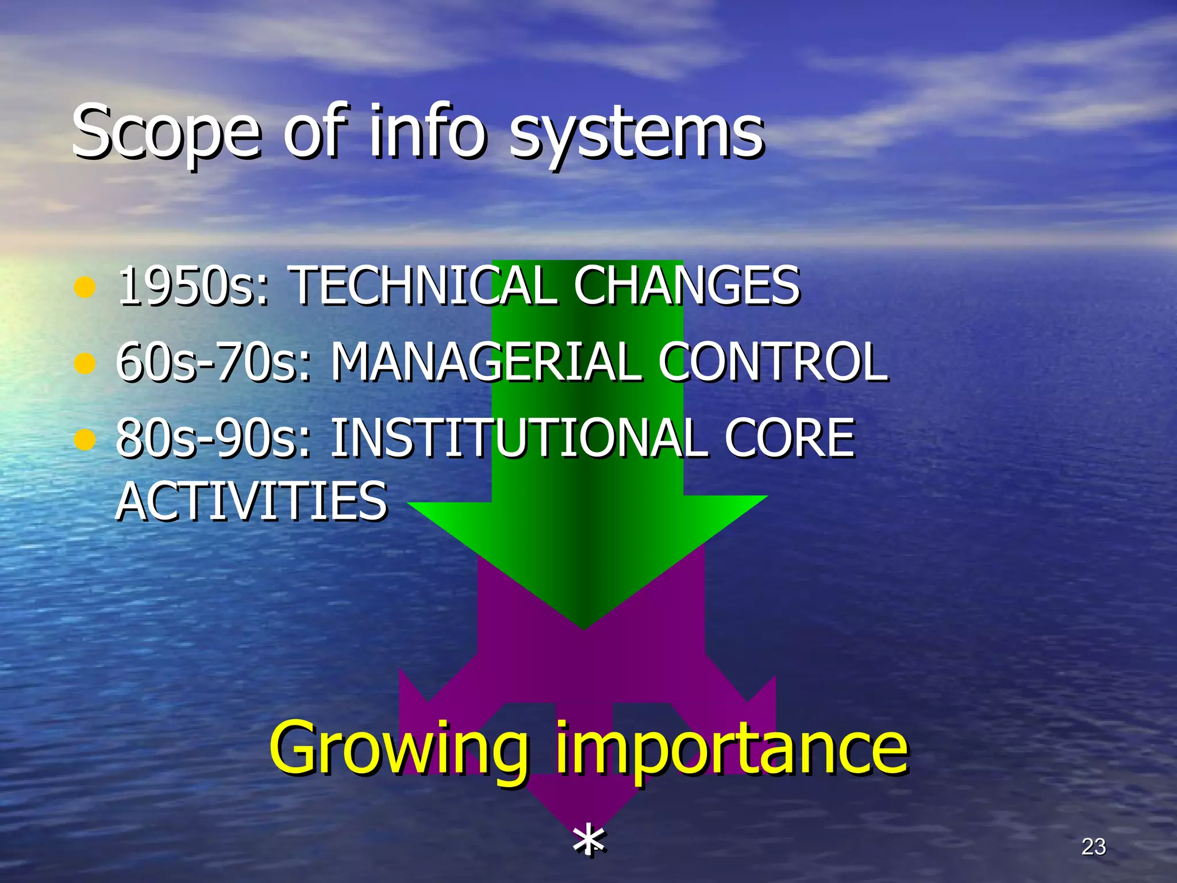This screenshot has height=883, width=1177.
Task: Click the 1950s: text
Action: (193, 286)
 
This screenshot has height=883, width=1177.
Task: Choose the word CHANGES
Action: (686, 286)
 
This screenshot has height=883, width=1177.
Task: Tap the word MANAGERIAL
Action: (486, 362)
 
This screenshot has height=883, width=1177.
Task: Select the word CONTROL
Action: (773, 362)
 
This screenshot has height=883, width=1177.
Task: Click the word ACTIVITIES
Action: (252, 501)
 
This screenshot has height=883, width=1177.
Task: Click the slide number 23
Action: (1093, 847)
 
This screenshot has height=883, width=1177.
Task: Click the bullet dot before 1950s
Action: (84, 287)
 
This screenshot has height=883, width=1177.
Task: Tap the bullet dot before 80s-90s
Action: (84, 440)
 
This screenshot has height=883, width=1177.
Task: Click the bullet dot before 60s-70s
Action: (84, 363)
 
